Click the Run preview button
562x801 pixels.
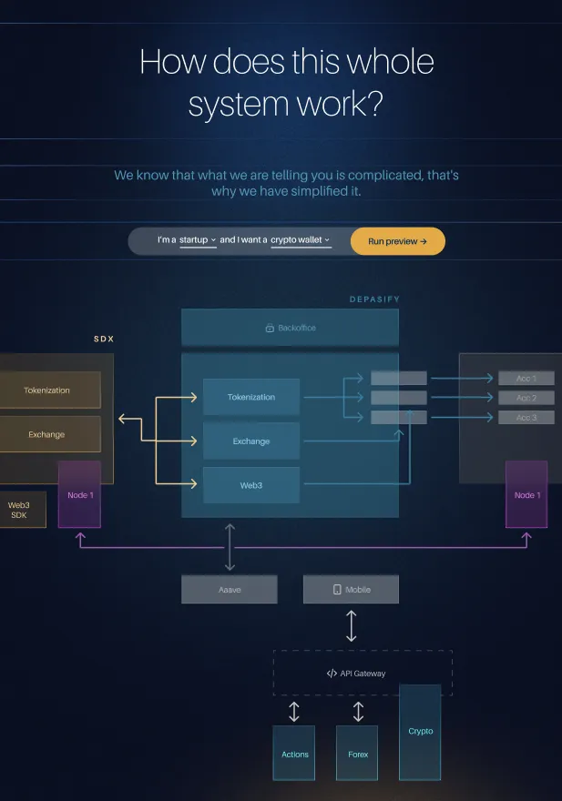point(397,241)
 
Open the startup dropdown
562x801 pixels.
point(198,240)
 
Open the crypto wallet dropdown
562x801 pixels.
point(301,240)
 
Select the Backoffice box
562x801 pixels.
point(290,328)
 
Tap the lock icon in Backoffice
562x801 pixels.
point(270,328)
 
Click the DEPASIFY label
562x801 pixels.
point(374,299)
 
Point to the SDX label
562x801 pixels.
point(104,339)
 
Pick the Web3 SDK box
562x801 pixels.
point(20,510)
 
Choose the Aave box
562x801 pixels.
point(230,590)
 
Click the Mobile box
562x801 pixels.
point(351,590)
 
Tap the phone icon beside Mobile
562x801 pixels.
point(337,590)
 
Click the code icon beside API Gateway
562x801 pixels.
point(332,674)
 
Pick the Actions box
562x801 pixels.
point(294,754)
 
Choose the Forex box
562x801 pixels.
point(357,754)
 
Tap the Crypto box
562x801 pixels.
point(420,732)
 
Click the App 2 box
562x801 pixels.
point(526,398)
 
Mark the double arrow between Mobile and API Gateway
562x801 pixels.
point(352,627)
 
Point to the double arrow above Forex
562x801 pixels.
point(358,711)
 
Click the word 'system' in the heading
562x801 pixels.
point(233,105)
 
